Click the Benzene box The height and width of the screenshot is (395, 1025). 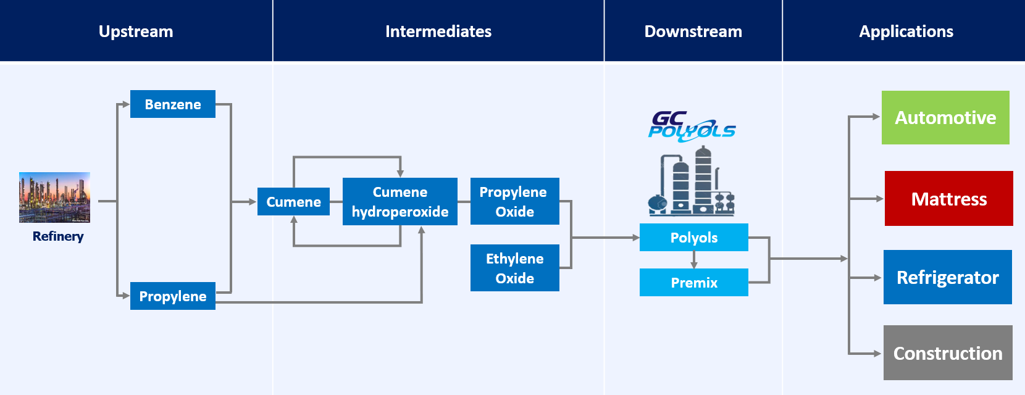173,104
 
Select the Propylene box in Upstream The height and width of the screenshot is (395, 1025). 173,296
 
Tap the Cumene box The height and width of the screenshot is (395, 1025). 293,202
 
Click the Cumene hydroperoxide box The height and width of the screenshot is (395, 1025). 400,202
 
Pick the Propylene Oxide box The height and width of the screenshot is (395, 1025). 514,202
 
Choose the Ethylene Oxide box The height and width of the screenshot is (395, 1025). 514,268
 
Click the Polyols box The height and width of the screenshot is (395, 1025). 693,238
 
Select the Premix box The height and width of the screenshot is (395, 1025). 693,283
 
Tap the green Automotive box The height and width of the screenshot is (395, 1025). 945,118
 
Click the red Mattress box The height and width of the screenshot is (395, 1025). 948,199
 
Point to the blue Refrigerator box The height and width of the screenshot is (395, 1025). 947,277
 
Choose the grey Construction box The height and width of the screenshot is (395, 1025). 948,353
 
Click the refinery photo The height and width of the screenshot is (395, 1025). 54,197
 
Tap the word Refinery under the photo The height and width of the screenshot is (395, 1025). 58,236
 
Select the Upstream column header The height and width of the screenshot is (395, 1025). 136,31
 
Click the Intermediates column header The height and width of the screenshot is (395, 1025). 438,31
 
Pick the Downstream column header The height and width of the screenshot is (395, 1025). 693,31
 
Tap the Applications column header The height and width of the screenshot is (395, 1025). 906,31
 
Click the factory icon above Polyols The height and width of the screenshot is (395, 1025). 691,182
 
